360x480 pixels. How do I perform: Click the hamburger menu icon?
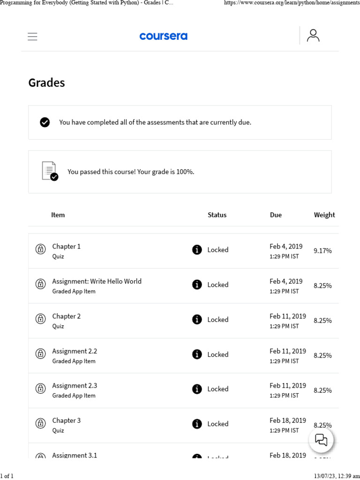coord(32,37)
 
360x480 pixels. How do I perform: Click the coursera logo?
coord(163,36)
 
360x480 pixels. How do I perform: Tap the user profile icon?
coord(313,36)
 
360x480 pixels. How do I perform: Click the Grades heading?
coord(46,82)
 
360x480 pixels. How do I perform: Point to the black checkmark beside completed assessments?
coord(45,122)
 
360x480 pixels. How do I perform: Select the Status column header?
coord(217,215)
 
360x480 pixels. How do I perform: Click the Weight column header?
coord(324,215)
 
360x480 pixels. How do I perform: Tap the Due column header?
coord(276,215)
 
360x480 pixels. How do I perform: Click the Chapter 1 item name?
coord(66,246)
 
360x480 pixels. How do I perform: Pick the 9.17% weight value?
coord(322,251)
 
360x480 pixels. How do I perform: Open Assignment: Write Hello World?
coord(97,281)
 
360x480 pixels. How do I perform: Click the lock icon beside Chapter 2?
coord(41,319)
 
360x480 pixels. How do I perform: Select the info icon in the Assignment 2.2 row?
coord(197,354)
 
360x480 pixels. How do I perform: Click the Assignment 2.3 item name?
coord(75,385)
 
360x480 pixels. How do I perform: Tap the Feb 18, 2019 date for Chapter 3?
coord(287,420)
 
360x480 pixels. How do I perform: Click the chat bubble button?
coord(321,440)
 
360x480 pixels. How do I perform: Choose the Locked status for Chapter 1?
coord(217,250)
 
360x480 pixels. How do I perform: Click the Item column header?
coord(58,215)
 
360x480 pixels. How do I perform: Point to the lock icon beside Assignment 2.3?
coord(41,389)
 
